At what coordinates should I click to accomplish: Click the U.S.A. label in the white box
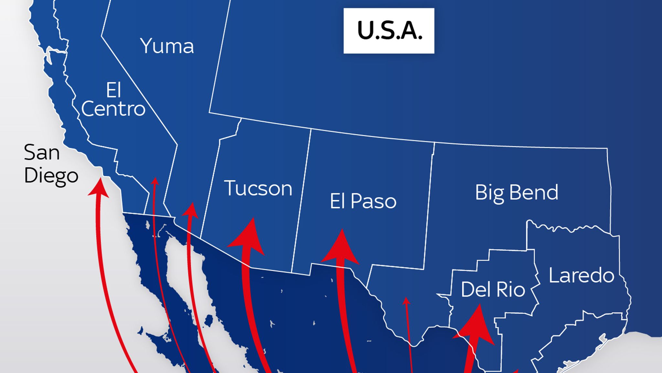389,31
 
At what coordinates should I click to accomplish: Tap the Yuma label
167,46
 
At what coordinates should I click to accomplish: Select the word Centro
113,109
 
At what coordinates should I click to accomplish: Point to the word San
42,152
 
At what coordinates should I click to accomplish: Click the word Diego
51,175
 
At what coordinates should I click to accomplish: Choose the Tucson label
258,188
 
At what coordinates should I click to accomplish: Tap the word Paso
373,201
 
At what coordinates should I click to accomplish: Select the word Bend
534,192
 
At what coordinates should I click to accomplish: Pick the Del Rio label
493,289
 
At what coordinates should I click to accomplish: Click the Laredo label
581,276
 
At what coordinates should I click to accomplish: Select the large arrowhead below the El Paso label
341,248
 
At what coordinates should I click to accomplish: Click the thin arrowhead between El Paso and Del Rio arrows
406,301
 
